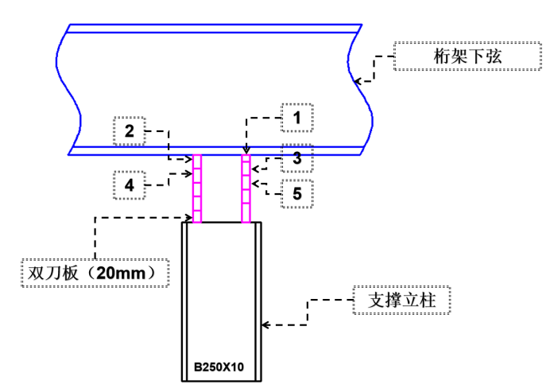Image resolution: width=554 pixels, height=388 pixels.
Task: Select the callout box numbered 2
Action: (x=129, y=130)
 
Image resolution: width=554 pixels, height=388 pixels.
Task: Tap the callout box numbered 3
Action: (x=296, y=158)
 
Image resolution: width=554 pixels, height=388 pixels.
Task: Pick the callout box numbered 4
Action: (x=129, y=185)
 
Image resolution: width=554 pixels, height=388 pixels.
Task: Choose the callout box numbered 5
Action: (x=296, y=192)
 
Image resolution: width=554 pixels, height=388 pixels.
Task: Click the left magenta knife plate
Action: (x=197, y=188)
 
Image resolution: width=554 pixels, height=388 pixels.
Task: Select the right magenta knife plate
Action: (x=246, y=188)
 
